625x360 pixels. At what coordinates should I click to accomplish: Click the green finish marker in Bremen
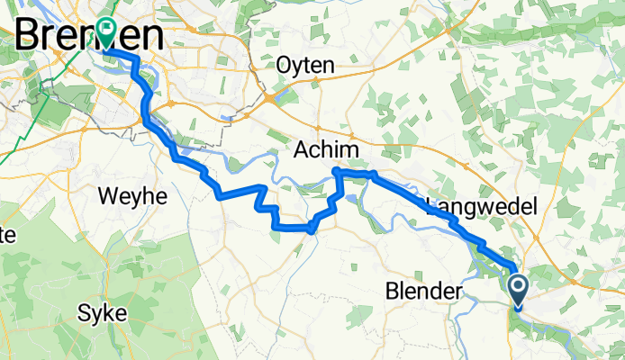[107, 32]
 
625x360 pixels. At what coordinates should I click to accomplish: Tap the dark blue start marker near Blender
[520, 291]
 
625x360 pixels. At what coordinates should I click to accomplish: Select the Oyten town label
[306, 66]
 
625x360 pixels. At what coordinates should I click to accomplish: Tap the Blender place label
[422, 292]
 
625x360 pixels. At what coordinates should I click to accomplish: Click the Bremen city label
[90, 36]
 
